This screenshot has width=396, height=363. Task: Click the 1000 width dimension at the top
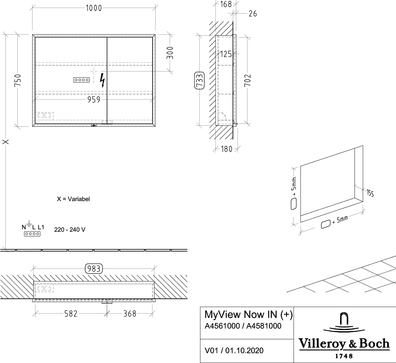pyautogui.click(x=94, y=8)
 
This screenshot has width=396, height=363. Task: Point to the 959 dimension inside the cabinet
pyautogui.click(x=93, y=99)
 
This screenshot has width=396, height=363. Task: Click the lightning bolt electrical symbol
pyautogui.click(x=103, y=80)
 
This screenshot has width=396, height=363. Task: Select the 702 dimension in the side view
pyautogui.click(x=248, y=80)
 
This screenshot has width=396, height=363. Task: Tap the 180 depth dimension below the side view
pyautogui.click(x=227, y=149)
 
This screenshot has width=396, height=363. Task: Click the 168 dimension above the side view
pyautogui.click(x=226, y=4)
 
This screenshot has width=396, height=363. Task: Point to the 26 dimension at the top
pyautogui.click(x=252, y=14)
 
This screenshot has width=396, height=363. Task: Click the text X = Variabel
pyautogui.click(x=73, y=199)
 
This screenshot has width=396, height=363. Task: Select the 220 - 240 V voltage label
pyautogui.click(x=70, y=230)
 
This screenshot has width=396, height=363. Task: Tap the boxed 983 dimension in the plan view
pyautogui.click(x=94, y=269)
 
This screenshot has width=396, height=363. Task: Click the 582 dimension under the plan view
pyautogui.click(x=71, y=314)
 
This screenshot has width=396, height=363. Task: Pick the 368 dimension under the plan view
pyautogui.click(x=130, y=314)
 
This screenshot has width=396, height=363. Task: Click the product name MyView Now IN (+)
pyautogui.click(x=249, y=315)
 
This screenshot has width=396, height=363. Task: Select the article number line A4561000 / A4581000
pyautogui.click(x=243, y=326)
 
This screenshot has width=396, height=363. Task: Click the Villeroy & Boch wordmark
pyautogui.click(x=344, y=344)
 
